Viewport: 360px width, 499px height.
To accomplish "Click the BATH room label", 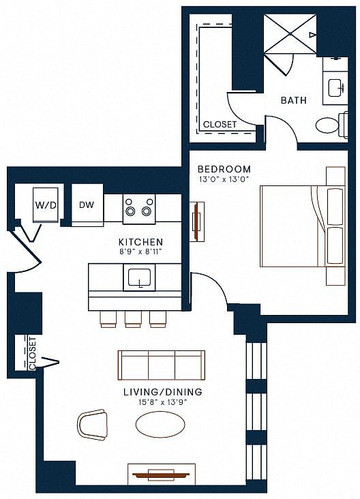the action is (x=293, y=100).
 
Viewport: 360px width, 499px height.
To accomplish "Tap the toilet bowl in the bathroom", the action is (x=327, y=125).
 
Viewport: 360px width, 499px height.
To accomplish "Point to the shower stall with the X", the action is (x=290, y=33).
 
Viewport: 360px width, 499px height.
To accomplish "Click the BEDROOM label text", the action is (x=224, y=169).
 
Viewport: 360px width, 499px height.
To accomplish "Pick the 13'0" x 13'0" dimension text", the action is (x=224, y=179).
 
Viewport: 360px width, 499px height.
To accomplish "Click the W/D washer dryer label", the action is (x=46, y=205).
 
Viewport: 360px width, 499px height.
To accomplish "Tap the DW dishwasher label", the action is (x=87, y=205).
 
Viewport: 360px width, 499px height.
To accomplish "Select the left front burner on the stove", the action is (x=130, y=211).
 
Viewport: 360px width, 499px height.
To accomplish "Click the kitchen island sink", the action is (x=139, y=277).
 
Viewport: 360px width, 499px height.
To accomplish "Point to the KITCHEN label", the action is (x=140, y=242).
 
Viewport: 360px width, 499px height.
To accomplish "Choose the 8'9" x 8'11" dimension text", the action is (x=140, y=252).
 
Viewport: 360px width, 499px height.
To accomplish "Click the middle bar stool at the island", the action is (x=133, y=319).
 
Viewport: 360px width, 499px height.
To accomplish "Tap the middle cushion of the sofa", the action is (x=162, y=365).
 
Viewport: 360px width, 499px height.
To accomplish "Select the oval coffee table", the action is (x=160, y=425).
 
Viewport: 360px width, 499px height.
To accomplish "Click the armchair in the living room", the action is (x=91, y=425).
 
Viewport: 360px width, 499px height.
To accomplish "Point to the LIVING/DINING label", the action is (x=163, y=392).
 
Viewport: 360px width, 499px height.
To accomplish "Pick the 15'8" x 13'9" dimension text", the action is (x=162, y=402).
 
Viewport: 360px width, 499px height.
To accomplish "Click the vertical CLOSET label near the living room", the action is (x=33, y=354).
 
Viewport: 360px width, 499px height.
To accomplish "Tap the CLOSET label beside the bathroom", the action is (x=220, y=125).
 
